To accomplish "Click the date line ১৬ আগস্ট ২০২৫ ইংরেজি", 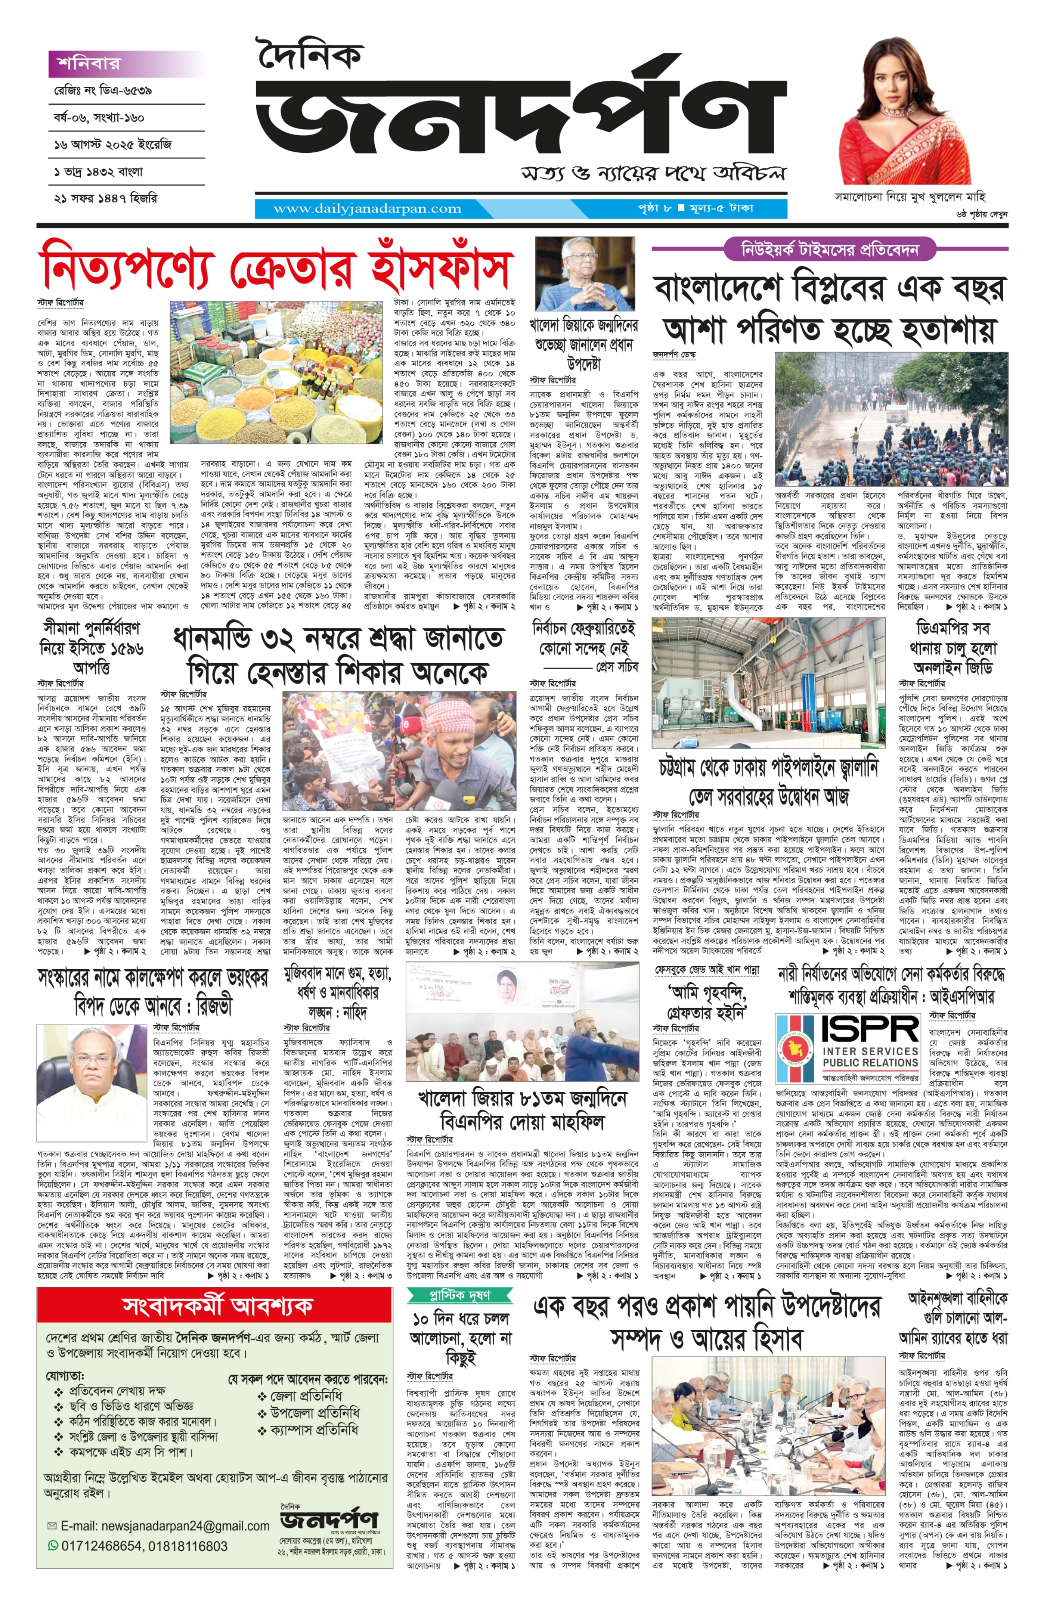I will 113,145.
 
